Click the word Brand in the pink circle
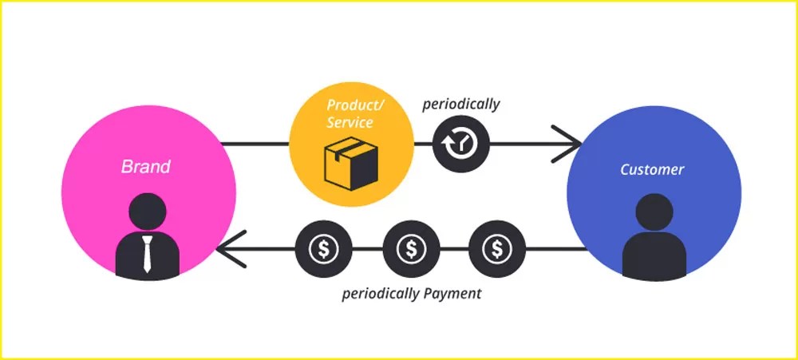point(145,167)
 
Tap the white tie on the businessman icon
point(147,254)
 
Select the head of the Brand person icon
point(147,212)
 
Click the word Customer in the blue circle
point(652,169)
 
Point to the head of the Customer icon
point(654,212)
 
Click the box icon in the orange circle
point(351,164)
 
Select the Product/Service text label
point(355,113)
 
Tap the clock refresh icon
point(461,144)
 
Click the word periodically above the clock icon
point(461,105)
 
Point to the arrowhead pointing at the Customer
point(567,144)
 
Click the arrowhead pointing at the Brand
point(231,249)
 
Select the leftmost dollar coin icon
point(324,249)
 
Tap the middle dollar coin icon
point(411,249)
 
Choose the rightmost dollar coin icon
point(496,249)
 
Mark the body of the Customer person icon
point(654,255)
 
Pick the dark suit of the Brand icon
point(147,255)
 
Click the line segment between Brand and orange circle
point(255,144)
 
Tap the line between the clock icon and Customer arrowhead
point(535,144)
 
